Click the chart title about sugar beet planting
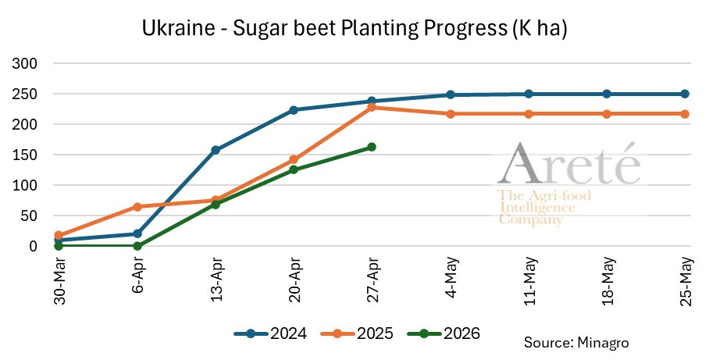354,30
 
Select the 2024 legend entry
270,333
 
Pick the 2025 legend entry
357,333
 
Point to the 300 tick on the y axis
28,63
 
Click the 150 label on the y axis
28,155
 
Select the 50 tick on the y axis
32,216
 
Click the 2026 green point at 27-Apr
372,147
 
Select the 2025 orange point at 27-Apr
372,107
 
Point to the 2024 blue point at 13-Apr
216,150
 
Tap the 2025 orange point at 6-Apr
137,207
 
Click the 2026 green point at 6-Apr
137,246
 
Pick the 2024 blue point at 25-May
685,94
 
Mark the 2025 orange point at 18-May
607,114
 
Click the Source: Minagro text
576,342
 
